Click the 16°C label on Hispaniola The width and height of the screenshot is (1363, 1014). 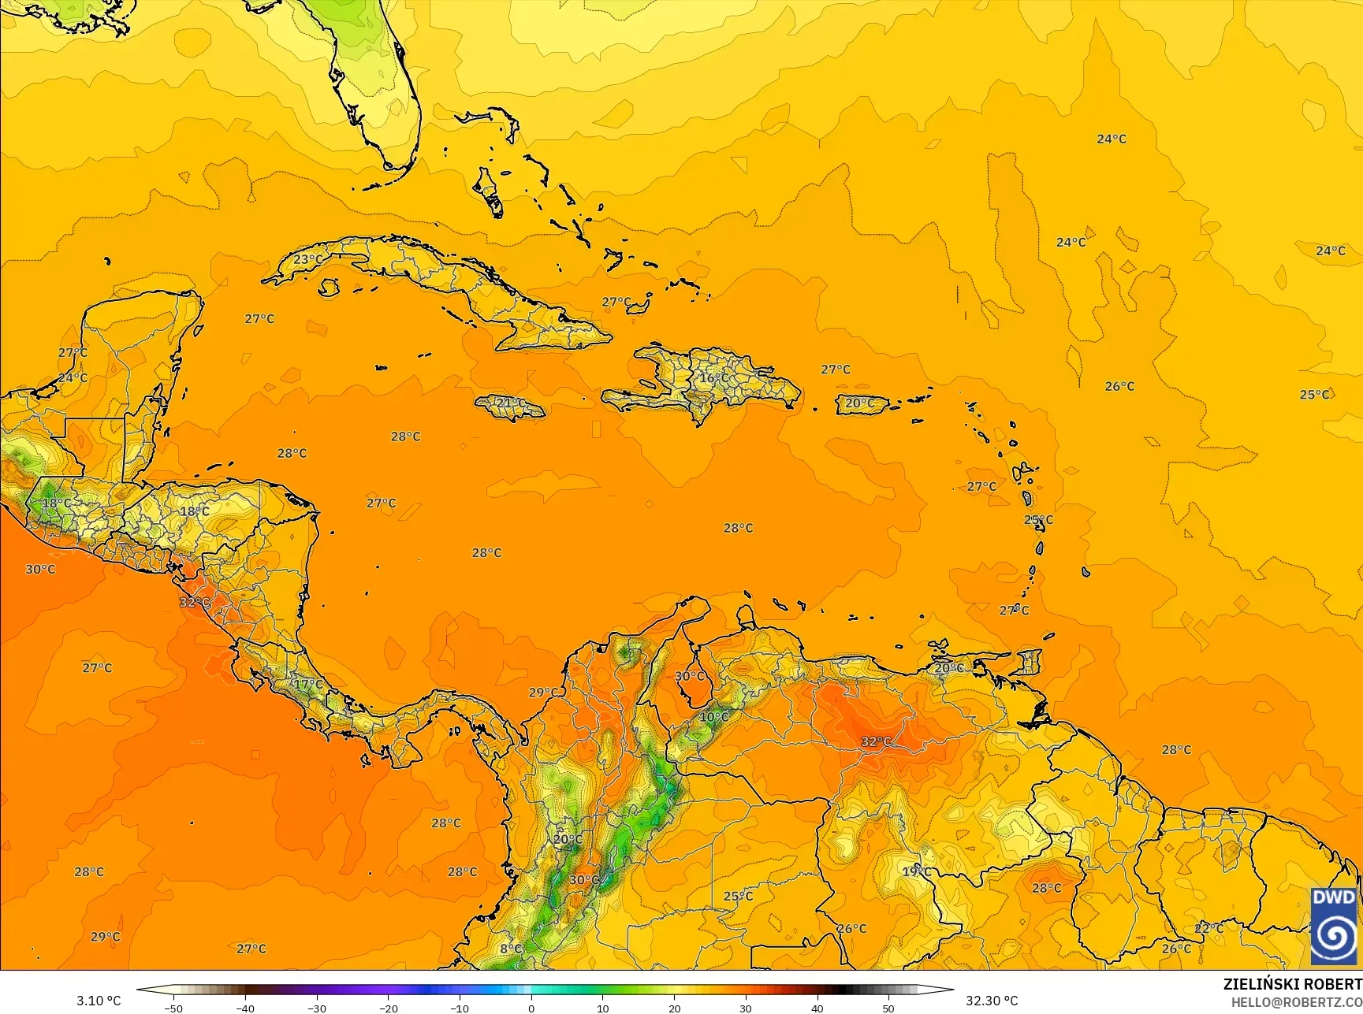pos(715,378)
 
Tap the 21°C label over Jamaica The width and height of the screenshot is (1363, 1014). pos(511,403)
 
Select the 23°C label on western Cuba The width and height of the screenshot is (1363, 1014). pos(308,259)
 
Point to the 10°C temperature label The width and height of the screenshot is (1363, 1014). pos(714,717)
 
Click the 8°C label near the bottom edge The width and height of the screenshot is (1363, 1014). pos(511,949)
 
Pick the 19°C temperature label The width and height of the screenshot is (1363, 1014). pos(917,872)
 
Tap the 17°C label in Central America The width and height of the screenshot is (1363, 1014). pos(308,685)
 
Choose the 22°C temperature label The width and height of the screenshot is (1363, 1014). pos(1208,929)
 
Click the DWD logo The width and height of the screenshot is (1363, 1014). pos(1334,926)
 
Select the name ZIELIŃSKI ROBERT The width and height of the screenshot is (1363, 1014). pos(1292,984)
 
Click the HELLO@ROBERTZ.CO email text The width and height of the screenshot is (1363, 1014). pos(1297,1001)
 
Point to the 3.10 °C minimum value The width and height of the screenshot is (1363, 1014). pos(99,1001)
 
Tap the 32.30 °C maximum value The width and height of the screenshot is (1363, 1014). pos(992,1001)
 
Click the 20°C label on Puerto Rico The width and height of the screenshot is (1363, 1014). pos(860,403)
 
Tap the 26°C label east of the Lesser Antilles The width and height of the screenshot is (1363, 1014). pos(1119,386)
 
